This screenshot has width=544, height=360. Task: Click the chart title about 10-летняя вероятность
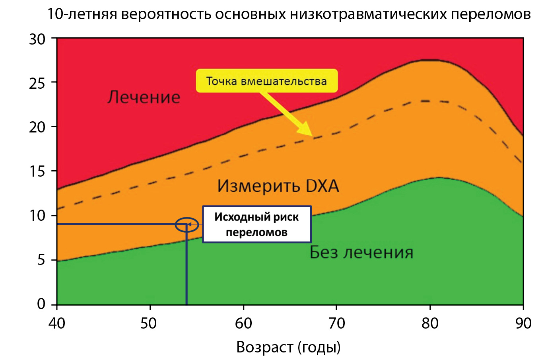289,14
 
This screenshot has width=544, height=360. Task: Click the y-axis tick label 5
41,260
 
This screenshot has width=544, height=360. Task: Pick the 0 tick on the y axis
41,304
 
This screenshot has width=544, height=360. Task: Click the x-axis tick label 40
57,323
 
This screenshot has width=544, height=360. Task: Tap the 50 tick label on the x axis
150,323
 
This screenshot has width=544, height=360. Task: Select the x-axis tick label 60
243,323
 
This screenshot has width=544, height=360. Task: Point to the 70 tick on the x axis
337,323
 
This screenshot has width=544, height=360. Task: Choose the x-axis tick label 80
430,323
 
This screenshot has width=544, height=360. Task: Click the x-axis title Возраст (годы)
289,347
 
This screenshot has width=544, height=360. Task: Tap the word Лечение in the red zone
144,97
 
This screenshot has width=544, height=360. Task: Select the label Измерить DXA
278,186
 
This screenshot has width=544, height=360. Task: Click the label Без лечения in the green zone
361,252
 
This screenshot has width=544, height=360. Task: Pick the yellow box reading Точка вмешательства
266,81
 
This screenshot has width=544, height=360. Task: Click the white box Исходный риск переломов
256,224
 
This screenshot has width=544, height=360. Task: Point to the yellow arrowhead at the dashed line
307,131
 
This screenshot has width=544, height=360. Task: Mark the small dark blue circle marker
187,224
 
